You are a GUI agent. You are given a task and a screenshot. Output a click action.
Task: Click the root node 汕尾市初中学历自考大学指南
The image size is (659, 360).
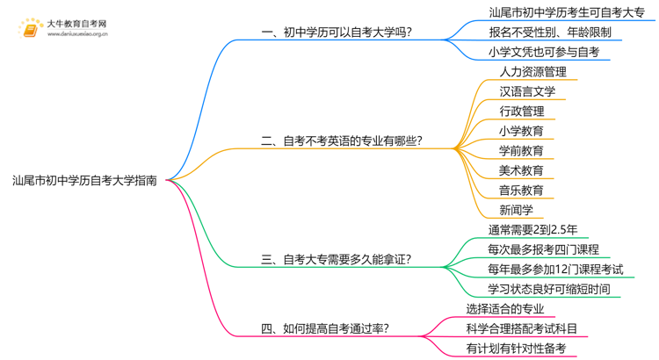coord(85,180)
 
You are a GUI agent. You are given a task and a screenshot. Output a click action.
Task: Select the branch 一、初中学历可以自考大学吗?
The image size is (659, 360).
coord(337,32)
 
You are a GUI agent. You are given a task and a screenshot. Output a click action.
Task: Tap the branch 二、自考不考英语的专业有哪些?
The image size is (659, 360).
coord(342,140)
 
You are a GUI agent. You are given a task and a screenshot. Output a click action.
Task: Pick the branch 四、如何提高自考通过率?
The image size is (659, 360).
coord(325,329)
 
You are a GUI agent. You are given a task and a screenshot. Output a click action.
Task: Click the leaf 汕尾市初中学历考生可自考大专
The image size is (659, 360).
coord(566,12)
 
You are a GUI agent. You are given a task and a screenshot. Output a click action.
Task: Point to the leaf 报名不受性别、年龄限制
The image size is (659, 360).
coord(549,32)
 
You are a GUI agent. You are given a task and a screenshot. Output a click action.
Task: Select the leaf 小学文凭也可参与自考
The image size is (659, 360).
coord(544,52)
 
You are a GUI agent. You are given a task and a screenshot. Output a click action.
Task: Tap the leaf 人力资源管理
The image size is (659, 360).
coord(532,72)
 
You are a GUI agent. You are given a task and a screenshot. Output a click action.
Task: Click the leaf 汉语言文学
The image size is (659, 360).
coord(527,91)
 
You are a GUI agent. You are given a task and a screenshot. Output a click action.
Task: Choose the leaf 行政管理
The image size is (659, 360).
coord(521,112)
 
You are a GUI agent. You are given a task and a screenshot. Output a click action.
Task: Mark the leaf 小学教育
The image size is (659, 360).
coord(521,131)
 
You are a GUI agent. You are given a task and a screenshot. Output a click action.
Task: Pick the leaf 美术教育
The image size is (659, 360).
coord(521,170)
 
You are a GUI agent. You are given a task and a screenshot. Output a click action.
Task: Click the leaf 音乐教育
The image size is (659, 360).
coord(521,190)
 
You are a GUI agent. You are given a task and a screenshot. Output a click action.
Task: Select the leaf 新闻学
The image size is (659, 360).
coord(516,210)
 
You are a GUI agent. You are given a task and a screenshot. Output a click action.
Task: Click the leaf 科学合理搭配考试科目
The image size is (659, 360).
coord(522,328)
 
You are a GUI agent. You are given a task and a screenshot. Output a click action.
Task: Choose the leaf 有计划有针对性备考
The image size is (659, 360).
coord(516,349)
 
